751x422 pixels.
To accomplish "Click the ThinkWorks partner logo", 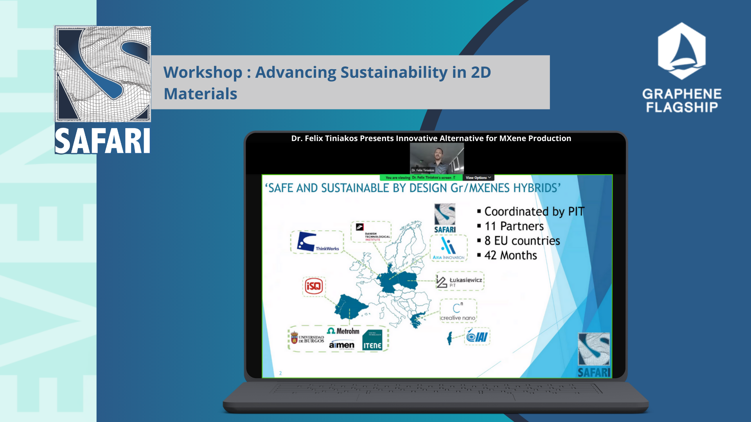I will pyautogui.click(x=317, y=242).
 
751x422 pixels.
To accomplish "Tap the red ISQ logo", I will pyautogui.click(x=313, y=286).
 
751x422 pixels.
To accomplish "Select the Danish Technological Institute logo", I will pyautogui.click(x=371, y=232).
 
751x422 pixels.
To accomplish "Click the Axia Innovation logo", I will pyautogui.click(x=448, y=248).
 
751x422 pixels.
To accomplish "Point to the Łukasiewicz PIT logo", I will pyautogui.click(x=460, y=281).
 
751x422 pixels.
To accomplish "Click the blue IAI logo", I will pyautogui.click(x=477, y=336).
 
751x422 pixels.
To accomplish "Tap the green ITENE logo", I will pyautogui.click(x=372, y=340).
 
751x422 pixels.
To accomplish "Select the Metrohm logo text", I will pyautogui.click(x=343, y=331).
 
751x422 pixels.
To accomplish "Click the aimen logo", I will pyautogui.click(x=341, y=345).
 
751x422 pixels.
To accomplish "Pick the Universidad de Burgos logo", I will pyautogui.click(x=307, y=338).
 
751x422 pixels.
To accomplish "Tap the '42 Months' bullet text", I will pyautogui.click(x=510, y=255).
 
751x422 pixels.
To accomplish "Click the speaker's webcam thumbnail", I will pyautogui.click(x=437, y=158).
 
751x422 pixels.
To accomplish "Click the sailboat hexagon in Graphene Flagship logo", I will pyautogui.click(x=681, y=51).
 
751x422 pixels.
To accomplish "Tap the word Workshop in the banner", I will pyautogui.click(x=203, y=72).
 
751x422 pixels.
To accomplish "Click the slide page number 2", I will pyautogui.click(x=280, y=373).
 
